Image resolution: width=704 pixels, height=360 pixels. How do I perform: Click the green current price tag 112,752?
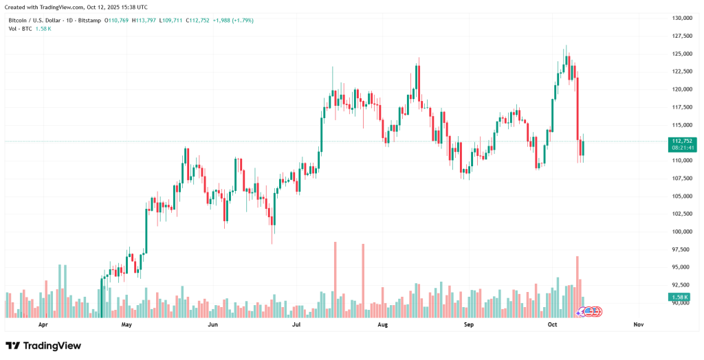683,141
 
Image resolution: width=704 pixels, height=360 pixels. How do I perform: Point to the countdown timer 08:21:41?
683,148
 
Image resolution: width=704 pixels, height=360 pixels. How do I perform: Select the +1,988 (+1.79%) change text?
232,21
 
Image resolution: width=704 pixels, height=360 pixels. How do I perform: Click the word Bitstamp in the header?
88,21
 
